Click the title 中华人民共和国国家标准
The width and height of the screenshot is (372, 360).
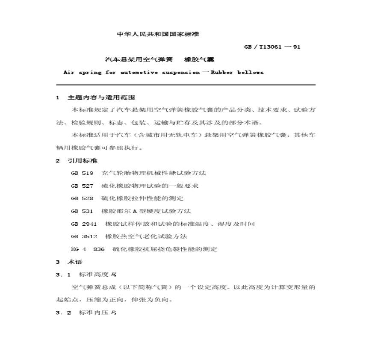click(x=158, y=34)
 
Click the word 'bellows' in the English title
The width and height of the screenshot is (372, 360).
click(x=250, y=72)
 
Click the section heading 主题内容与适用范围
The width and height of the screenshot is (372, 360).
click(x=101, y=97)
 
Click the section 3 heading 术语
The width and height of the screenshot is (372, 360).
click(x=75, y=262)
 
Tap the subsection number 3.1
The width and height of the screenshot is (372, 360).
click(x=63, y=274)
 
